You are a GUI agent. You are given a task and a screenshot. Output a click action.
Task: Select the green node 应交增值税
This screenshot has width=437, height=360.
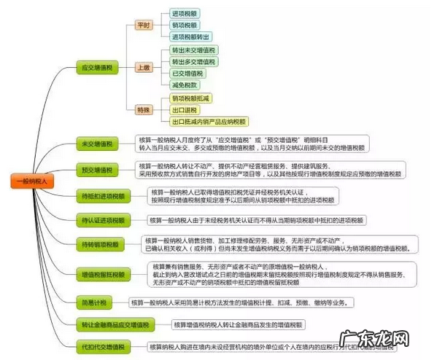[x=98, y=67]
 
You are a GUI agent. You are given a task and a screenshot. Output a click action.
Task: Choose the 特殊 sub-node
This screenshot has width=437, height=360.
[x=143, y=109]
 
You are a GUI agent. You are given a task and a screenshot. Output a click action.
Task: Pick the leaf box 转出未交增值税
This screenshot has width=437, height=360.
[x=193, y=50]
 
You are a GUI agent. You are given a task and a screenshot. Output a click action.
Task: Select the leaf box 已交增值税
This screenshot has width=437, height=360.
[x=188, y=73]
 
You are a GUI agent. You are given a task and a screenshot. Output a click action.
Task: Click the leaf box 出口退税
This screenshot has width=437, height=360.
[x=186, y=109]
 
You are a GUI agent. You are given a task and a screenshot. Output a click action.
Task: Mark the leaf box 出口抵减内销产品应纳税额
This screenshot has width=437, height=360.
[x=209, y=121]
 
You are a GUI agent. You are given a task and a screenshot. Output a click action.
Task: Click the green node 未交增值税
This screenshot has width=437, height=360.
[x=98, y=143]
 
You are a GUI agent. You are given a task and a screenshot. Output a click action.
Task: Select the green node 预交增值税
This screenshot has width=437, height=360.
[x=98, y=171]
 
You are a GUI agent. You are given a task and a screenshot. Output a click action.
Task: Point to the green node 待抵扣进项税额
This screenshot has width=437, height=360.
[x=102, y=195]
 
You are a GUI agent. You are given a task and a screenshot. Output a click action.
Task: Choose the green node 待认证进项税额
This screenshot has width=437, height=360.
[x=102, y=219]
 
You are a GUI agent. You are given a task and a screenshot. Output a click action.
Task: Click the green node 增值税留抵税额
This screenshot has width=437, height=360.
[x=102, y=275]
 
